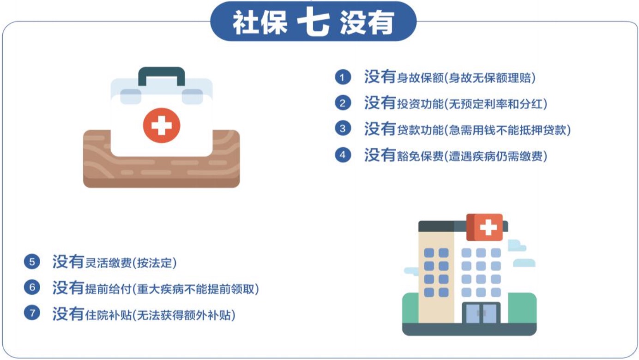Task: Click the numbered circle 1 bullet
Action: [x=343, y=77]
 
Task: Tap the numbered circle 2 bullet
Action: [x=343, y=103]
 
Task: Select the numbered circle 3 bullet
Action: [x=343, y=128]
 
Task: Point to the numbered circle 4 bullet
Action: [x=343, y=155]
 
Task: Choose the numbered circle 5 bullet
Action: [x=32, y=262]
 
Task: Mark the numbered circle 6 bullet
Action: [x=32, y=287]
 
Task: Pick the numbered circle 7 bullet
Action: [x=32, y=313]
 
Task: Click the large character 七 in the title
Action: [x=313, y=21]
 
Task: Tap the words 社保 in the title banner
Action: [x=260, y=23]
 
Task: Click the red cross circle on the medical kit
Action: [x=162, y=125]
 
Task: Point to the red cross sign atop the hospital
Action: [x=484, y=228]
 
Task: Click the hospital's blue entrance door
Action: [x=481, y=313]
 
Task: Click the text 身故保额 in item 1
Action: [x=420, y=78]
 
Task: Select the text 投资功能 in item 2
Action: [x=420, y=104]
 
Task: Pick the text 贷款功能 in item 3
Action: [x=420, y=130]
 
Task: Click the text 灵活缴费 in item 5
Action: [x=109, y=263]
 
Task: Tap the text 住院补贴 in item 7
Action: [x=109, y=315]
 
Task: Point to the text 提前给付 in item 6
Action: [x=109, y=289]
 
